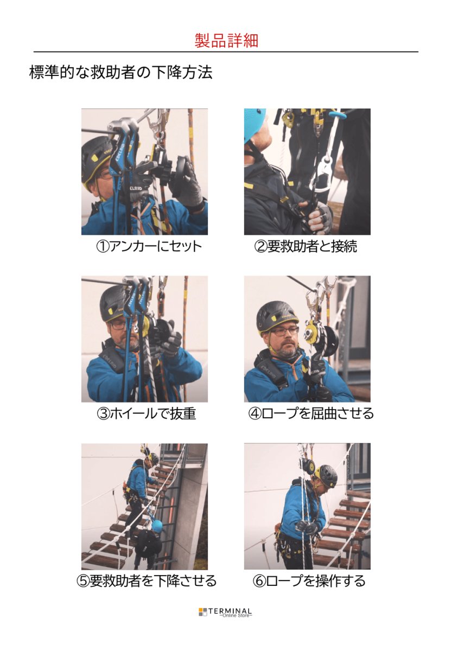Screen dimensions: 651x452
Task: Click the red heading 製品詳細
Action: (x=226, y=41)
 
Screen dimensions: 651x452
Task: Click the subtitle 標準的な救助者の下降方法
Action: (x=120, y=73)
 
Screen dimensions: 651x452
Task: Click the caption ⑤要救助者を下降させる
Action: (x=146, y=581)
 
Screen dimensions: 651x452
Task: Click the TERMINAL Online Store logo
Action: (x=225, y=612)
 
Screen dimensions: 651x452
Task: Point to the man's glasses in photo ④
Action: (x=284, y=330)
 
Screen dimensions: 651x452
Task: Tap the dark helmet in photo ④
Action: (x=276, y=315)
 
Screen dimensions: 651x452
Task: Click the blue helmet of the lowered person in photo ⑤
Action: (x=157, y=525)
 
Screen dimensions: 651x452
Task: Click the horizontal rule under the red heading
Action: (x=226, y=52)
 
